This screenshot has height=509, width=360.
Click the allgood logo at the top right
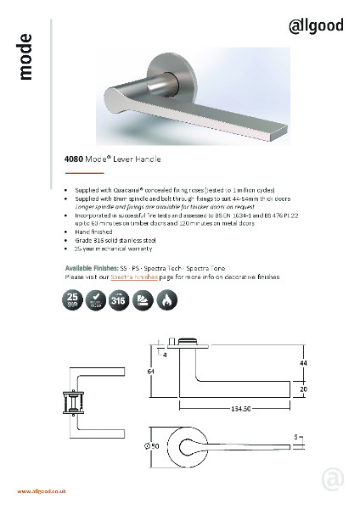317,26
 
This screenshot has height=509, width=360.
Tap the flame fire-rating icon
165,299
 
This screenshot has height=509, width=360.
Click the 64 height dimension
150,370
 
